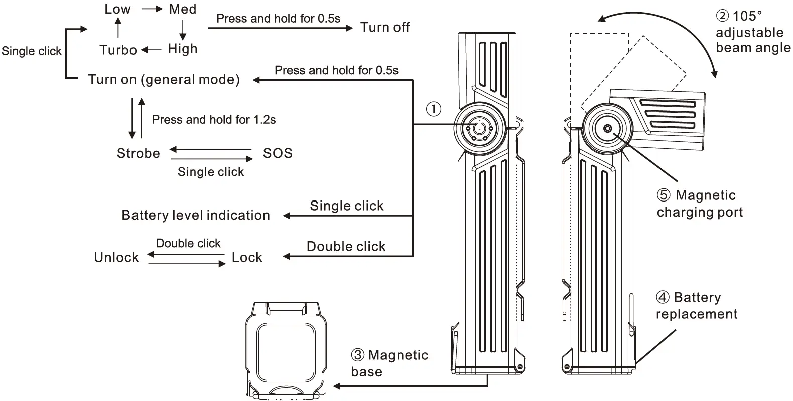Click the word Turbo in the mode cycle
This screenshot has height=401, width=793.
coord(118,50)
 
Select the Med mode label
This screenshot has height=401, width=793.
coord(183,9)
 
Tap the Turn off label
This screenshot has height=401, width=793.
coord(385,27)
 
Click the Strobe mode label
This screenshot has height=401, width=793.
coord(138,153)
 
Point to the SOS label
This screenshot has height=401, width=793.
coord(278,153)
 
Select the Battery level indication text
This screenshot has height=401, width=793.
coord(196,215)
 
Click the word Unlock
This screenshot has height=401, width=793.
coord(116,257)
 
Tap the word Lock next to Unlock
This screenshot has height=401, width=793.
coord(247,257)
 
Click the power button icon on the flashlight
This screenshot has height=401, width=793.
coord(480,128)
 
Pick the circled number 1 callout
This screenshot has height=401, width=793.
coord(434,109)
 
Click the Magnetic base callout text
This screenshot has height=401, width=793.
coord(389,363)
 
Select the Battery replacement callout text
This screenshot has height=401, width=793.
coord(696,306)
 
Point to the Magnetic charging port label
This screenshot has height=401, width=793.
coord(700,204)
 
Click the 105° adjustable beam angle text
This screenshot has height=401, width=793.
coord(753,32)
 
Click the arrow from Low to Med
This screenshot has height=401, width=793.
coord(152,9)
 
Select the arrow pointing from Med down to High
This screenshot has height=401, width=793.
coord(183,30)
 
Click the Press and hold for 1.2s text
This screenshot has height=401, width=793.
coord(213,120)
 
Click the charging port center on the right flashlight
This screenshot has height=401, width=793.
coord(608,129)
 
